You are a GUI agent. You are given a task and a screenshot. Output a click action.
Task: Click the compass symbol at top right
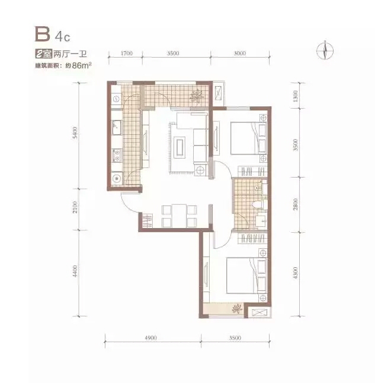pyautogui.click(x=325, y=50)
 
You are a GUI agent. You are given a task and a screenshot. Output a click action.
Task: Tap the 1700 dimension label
pyautogui.click(x=126, y=53)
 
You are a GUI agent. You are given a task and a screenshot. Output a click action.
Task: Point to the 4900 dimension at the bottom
pyautogui.click(x=150, y=338)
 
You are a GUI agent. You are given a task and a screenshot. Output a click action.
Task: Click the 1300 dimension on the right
pyautogui.click(x=296, y=96)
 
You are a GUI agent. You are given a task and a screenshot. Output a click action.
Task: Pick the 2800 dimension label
pyautogui.click(x=296, y=204)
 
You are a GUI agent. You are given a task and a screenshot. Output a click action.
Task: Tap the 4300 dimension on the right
pyautogui.click(x=296, y=273)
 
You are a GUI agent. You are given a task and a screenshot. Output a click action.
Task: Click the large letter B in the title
pyautogui.click(x=43, y=34)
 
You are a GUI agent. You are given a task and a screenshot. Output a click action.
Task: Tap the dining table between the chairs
pyautogui.click(x=179, y=216)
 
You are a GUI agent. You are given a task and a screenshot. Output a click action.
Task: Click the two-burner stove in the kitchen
pyautogui.click(x=117, y=156)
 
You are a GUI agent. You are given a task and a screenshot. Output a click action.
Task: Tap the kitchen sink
pyautogui.click(x=117, y=127)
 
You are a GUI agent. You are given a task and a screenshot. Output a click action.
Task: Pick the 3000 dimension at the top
pyautogui.click(x=240, y=53)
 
